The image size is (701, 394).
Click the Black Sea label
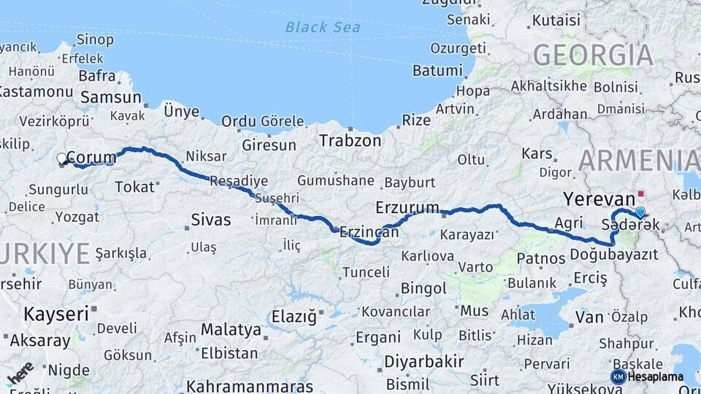323,28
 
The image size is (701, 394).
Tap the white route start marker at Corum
62,158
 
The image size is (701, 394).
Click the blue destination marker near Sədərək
640,212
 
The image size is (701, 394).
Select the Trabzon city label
349,141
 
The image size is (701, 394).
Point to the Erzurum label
407,207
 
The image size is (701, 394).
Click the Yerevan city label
600,199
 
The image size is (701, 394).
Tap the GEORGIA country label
593,55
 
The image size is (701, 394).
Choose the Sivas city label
210,220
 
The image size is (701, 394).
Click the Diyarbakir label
424,362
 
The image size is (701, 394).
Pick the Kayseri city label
56,314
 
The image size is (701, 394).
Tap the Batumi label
437,71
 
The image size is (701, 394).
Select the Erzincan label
369,233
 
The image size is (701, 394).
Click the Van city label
589,317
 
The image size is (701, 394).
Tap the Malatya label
231,330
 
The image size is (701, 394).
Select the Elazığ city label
295,317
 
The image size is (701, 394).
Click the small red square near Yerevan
641,195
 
